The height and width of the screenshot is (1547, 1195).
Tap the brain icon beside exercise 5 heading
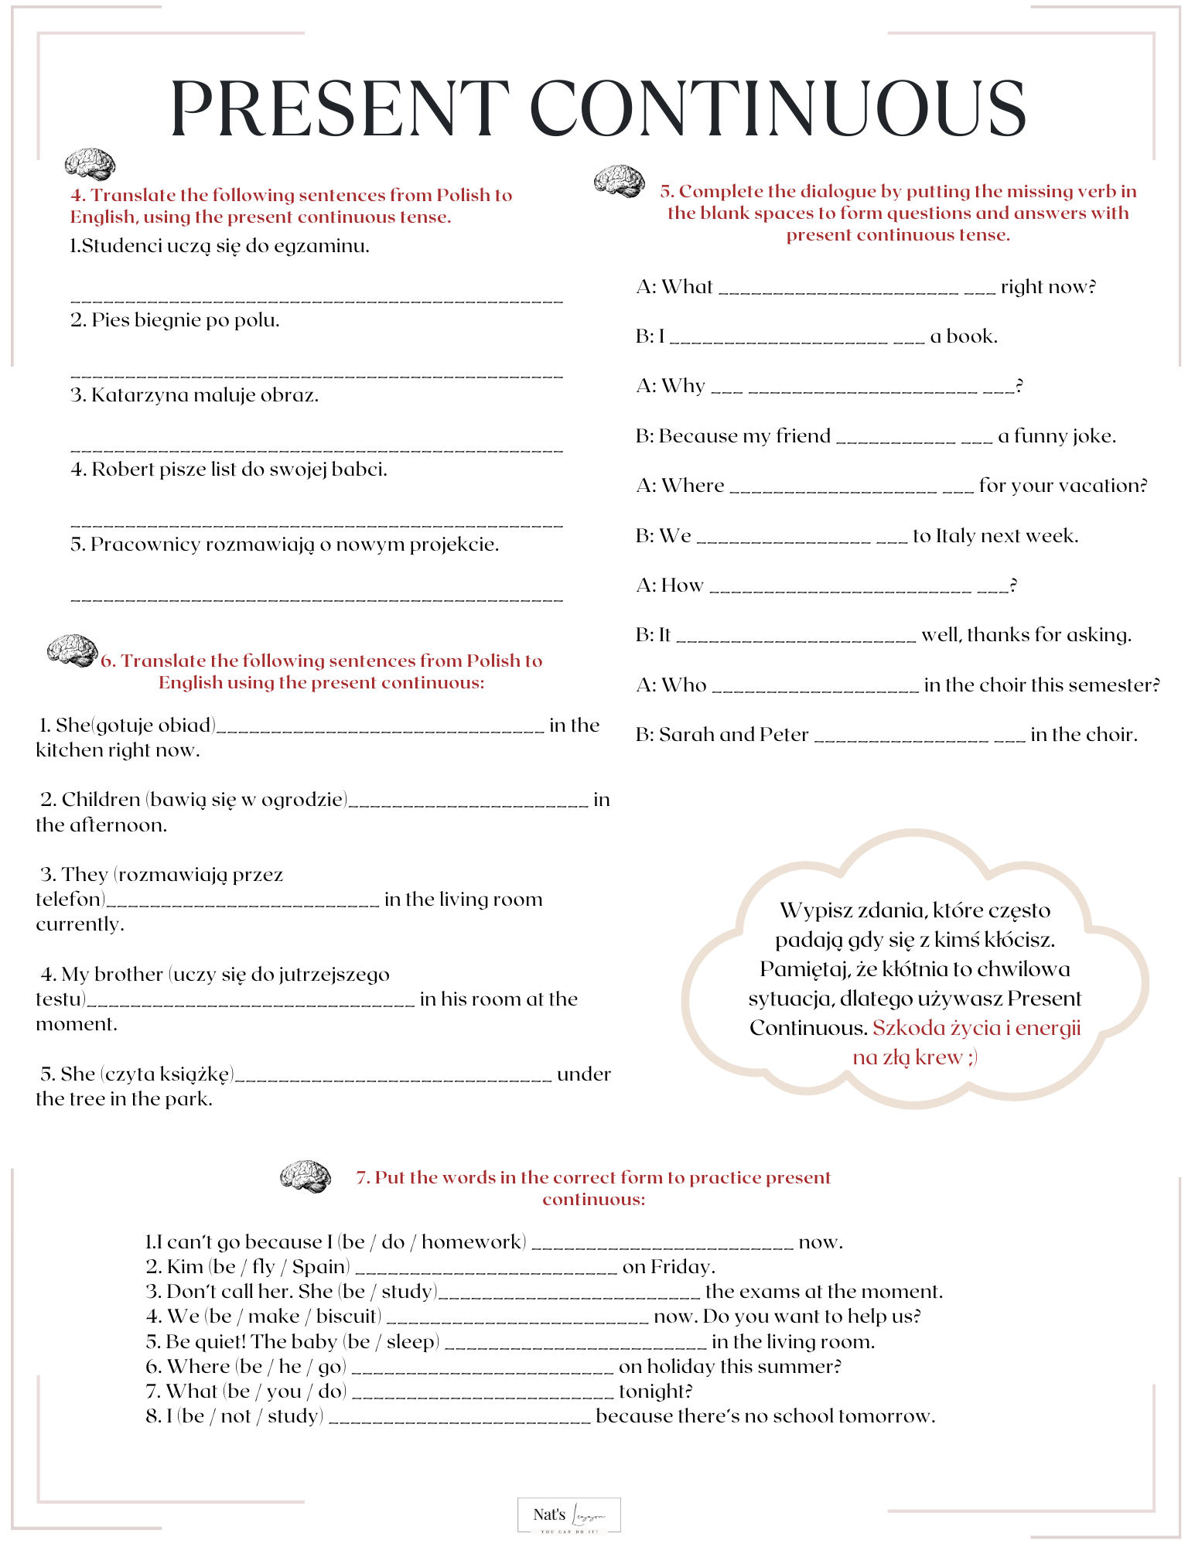tap(620, 182)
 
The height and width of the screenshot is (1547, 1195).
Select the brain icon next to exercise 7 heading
tap(306, 1176)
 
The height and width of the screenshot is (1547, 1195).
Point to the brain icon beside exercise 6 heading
tap(72, 651)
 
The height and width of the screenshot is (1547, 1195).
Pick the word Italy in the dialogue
tap(958, 536)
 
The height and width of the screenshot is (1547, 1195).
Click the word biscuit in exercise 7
tap(347, 1316)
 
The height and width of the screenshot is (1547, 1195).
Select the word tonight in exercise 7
tap(655, 1392)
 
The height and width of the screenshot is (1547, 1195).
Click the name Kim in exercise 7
tap(185, 1267)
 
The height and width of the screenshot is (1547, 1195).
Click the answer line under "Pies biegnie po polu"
tap(316, 375)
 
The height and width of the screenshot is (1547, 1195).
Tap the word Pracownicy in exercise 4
tap(134, 545)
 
